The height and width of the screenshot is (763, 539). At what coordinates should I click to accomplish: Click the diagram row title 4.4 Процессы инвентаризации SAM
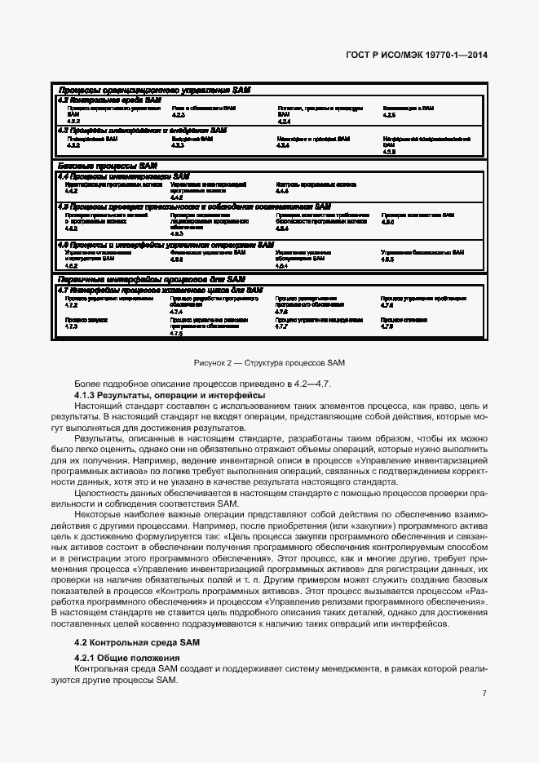[x=123, y=175]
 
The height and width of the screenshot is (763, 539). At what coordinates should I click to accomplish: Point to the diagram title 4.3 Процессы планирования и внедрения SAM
[x=142, y=130]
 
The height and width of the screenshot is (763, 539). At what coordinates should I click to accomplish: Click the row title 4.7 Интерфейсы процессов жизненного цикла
[x=160, y=290]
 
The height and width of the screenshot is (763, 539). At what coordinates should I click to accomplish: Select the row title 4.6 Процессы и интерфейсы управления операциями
[x=166, y=244]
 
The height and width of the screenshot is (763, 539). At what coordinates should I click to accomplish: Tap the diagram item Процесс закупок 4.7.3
[x=82, y=322]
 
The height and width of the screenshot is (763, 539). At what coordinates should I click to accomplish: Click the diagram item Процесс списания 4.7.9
[x=404, y=322]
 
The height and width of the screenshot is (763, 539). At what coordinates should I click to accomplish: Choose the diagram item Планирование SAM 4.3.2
[x=91, y=141]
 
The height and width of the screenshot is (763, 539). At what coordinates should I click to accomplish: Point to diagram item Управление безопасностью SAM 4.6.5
[x=422, y=255]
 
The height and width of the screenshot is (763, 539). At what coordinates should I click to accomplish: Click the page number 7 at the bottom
[x=484, y=694]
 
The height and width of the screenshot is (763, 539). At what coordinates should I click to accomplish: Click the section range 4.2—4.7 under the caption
[x=319, y=383]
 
